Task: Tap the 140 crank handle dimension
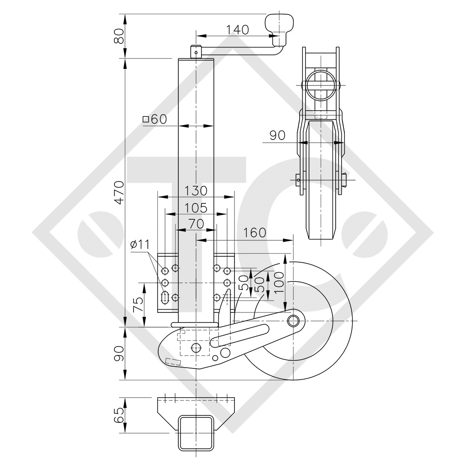[x=238, y=30]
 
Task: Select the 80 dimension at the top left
[x=119, y=36]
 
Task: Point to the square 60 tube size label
[x=155, y=119]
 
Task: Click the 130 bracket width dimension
[x=196, y=190]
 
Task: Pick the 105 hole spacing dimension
[x=196, y=208]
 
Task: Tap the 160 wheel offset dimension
[x=254, y=233]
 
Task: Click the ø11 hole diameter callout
[x=140, y=244]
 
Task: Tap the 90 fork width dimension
[x=277, y=135]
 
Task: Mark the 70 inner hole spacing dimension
[x=196, y=224]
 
